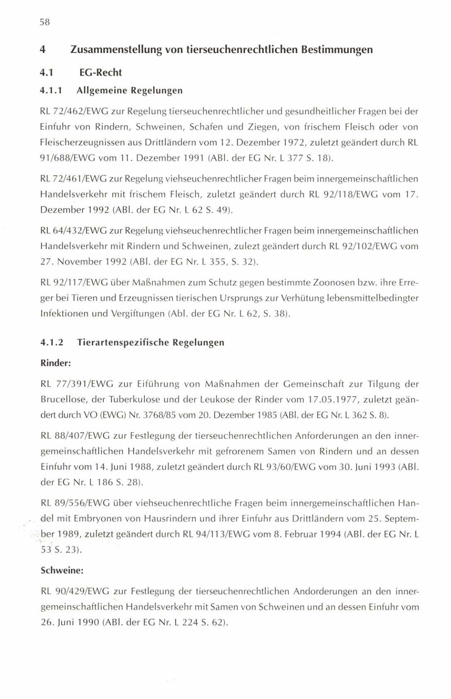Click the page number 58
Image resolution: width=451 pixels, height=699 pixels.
pos(45,23)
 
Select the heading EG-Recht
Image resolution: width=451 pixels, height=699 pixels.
pos(100,72)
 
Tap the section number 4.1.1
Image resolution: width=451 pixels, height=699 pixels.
pos(51,90)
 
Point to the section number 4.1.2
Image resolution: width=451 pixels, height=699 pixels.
pos(51,342)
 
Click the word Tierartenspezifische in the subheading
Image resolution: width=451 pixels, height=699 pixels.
pos(122,342)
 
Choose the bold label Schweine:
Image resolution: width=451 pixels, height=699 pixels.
pos(61,570)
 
